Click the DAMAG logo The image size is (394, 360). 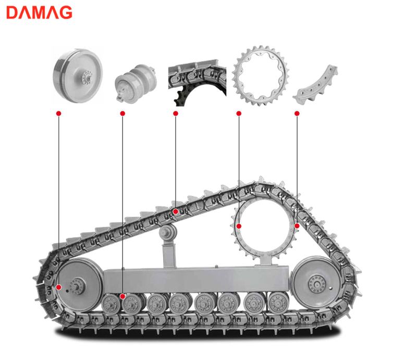[x=39, y=13]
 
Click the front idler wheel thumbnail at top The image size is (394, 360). [x=78, y=76]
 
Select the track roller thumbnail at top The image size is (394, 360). [x=136, y=84]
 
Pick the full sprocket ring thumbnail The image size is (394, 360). [x=260, y=76]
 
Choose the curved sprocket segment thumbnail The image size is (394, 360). [x=316, y=86]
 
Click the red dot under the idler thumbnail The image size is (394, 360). [x=59, y=113]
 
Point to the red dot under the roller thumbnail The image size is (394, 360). [x=122, y=113]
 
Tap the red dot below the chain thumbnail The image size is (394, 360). [x=176, y=113]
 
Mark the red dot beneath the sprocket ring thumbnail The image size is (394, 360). [x=239, y=113]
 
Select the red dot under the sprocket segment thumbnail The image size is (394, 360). [x=297, y=113]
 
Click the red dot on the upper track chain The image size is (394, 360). [x=176, y=211]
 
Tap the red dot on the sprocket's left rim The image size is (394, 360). [x=239, y=226]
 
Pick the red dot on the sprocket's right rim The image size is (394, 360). [x=297, y=226]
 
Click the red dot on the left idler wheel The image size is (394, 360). [x=59, y=287]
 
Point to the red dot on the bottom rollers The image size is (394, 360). [x=122, y=296]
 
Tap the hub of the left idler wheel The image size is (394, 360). [x=78, y=286]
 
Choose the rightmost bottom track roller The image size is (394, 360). [x=278, y=303]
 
